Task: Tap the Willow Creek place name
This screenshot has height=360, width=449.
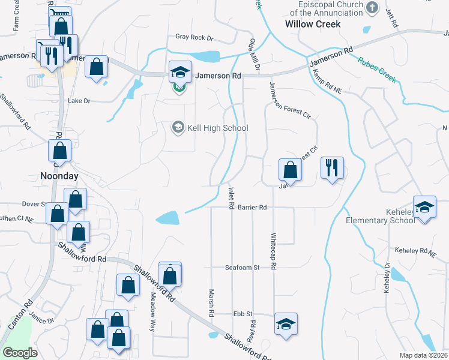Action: (x=313, y=24)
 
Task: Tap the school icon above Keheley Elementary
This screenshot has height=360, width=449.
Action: (x=424, y=208)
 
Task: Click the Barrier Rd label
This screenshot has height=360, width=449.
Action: (x=252, y=207)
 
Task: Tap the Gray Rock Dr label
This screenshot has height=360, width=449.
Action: (x=194, y=37)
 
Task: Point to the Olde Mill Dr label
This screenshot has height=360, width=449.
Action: (x=253, y=55)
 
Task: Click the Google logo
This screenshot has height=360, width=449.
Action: (x=20, y=353)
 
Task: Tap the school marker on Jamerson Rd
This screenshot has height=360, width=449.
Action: (x=180, y=73)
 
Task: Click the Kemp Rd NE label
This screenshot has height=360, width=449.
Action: (x=327, y=82)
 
